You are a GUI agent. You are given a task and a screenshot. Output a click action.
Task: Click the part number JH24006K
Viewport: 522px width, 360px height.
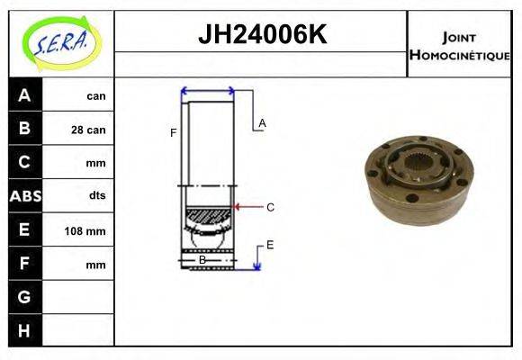[261, 35]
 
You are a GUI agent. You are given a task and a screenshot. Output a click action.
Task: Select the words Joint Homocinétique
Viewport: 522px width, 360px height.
[459, 45]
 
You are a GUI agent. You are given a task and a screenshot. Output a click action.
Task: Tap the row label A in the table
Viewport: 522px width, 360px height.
[24, 95]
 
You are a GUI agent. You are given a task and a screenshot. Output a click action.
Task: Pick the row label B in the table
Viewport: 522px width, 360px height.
[24, 129]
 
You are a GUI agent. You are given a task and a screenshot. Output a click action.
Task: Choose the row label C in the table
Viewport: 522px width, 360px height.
[24, 163]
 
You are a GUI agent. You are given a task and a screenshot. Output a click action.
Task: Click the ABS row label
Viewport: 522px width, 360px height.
[24, 195]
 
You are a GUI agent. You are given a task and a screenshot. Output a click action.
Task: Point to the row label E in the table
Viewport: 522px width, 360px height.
[24, 230]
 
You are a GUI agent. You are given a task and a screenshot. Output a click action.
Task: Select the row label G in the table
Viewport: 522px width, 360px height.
[24, 296]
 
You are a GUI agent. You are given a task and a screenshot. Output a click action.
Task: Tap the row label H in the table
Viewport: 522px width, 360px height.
[24, 330]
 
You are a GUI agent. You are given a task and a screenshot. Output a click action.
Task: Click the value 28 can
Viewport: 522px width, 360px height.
[88, 130]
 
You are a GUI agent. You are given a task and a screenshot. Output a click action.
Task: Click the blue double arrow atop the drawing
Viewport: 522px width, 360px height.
[208, 91]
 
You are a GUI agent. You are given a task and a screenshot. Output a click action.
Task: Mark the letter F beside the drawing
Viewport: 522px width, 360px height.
[173, 133]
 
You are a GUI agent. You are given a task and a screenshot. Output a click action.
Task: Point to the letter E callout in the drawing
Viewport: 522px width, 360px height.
[269, 244]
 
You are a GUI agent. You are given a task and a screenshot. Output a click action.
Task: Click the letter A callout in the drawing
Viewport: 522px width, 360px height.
[262, 122]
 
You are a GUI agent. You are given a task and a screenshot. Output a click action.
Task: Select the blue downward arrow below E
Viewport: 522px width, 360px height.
[257, 259]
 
